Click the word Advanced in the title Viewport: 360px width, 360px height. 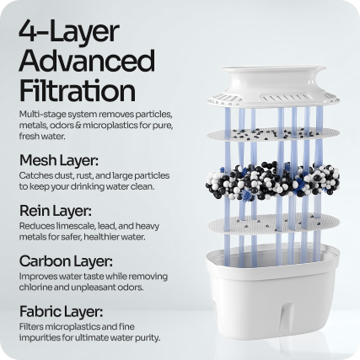tap(87, 61)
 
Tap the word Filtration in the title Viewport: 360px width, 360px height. tap(78, 90)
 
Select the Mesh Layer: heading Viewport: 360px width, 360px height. tap(59, 161)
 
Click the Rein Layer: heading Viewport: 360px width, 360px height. tap(56, 211)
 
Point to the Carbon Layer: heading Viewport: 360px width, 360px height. tap(66, 261)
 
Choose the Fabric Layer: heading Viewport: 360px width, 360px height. tap(61, 312)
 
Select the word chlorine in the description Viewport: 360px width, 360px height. tap(35, 287)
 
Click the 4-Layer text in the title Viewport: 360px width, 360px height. tap(69, 31)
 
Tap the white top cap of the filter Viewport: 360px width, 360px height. tap(273, 87)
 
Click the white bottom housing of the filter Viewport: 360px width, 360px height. tap(271, 293)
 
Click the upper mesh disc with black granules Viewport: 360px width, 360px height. tap(273, 134)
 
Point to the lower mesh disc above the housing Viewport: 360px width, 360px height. tap(273, 224)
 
